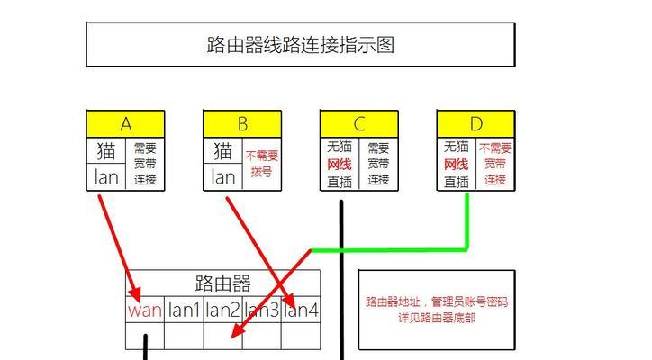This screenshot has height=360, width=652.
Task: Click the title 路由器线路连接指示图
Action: (x=300, y=44)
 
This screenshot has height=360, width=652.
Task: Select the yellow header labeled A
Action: (x=125, y=124)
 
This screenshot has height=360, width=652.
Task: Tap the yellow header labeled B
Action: (x=242, y=124)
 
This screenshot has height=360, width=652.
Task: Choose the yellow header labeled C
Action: (x=359, y=124)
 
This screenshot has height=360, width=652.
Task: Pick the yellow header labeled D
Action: (x=476, y=124)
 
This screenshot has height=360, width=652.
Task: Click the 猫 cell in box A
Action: (x=106, y=150)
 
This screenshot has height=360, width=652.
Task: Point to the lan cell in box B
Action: (x=222, y=177)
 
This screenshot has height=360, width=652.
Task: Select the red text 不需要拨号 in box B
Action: (x=261, y=164)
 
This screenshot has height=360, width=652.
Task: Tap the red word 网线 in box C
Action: (x=340, y=165)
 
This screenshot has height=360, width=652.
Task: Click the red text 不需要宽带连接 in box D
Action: (x=495, y=164)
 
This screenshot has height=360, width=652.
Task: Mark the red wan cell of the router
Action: (x=145, y=310)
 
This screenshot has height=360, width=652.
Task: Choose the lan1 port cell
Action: (x=184, y=310)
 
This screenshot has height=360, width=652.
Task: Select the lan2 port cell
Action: (x=222, y=310)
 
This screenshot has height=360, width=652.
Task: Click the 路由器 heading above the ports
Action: (x=222, y=283)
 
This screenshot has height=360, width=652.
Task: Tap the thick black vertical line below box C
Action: (x=341, y=280)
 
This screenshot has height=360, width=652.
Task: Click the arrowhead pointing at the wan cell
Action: (x=135, y=294)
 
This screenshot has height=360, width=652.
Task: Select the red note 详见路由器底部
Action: (x=437, y=318)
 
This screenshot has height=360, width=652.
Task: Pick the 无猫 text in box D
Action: (x=457, y=147)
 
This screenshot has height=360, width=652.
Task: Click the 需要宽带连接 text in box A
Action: (x=145, y=164)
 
